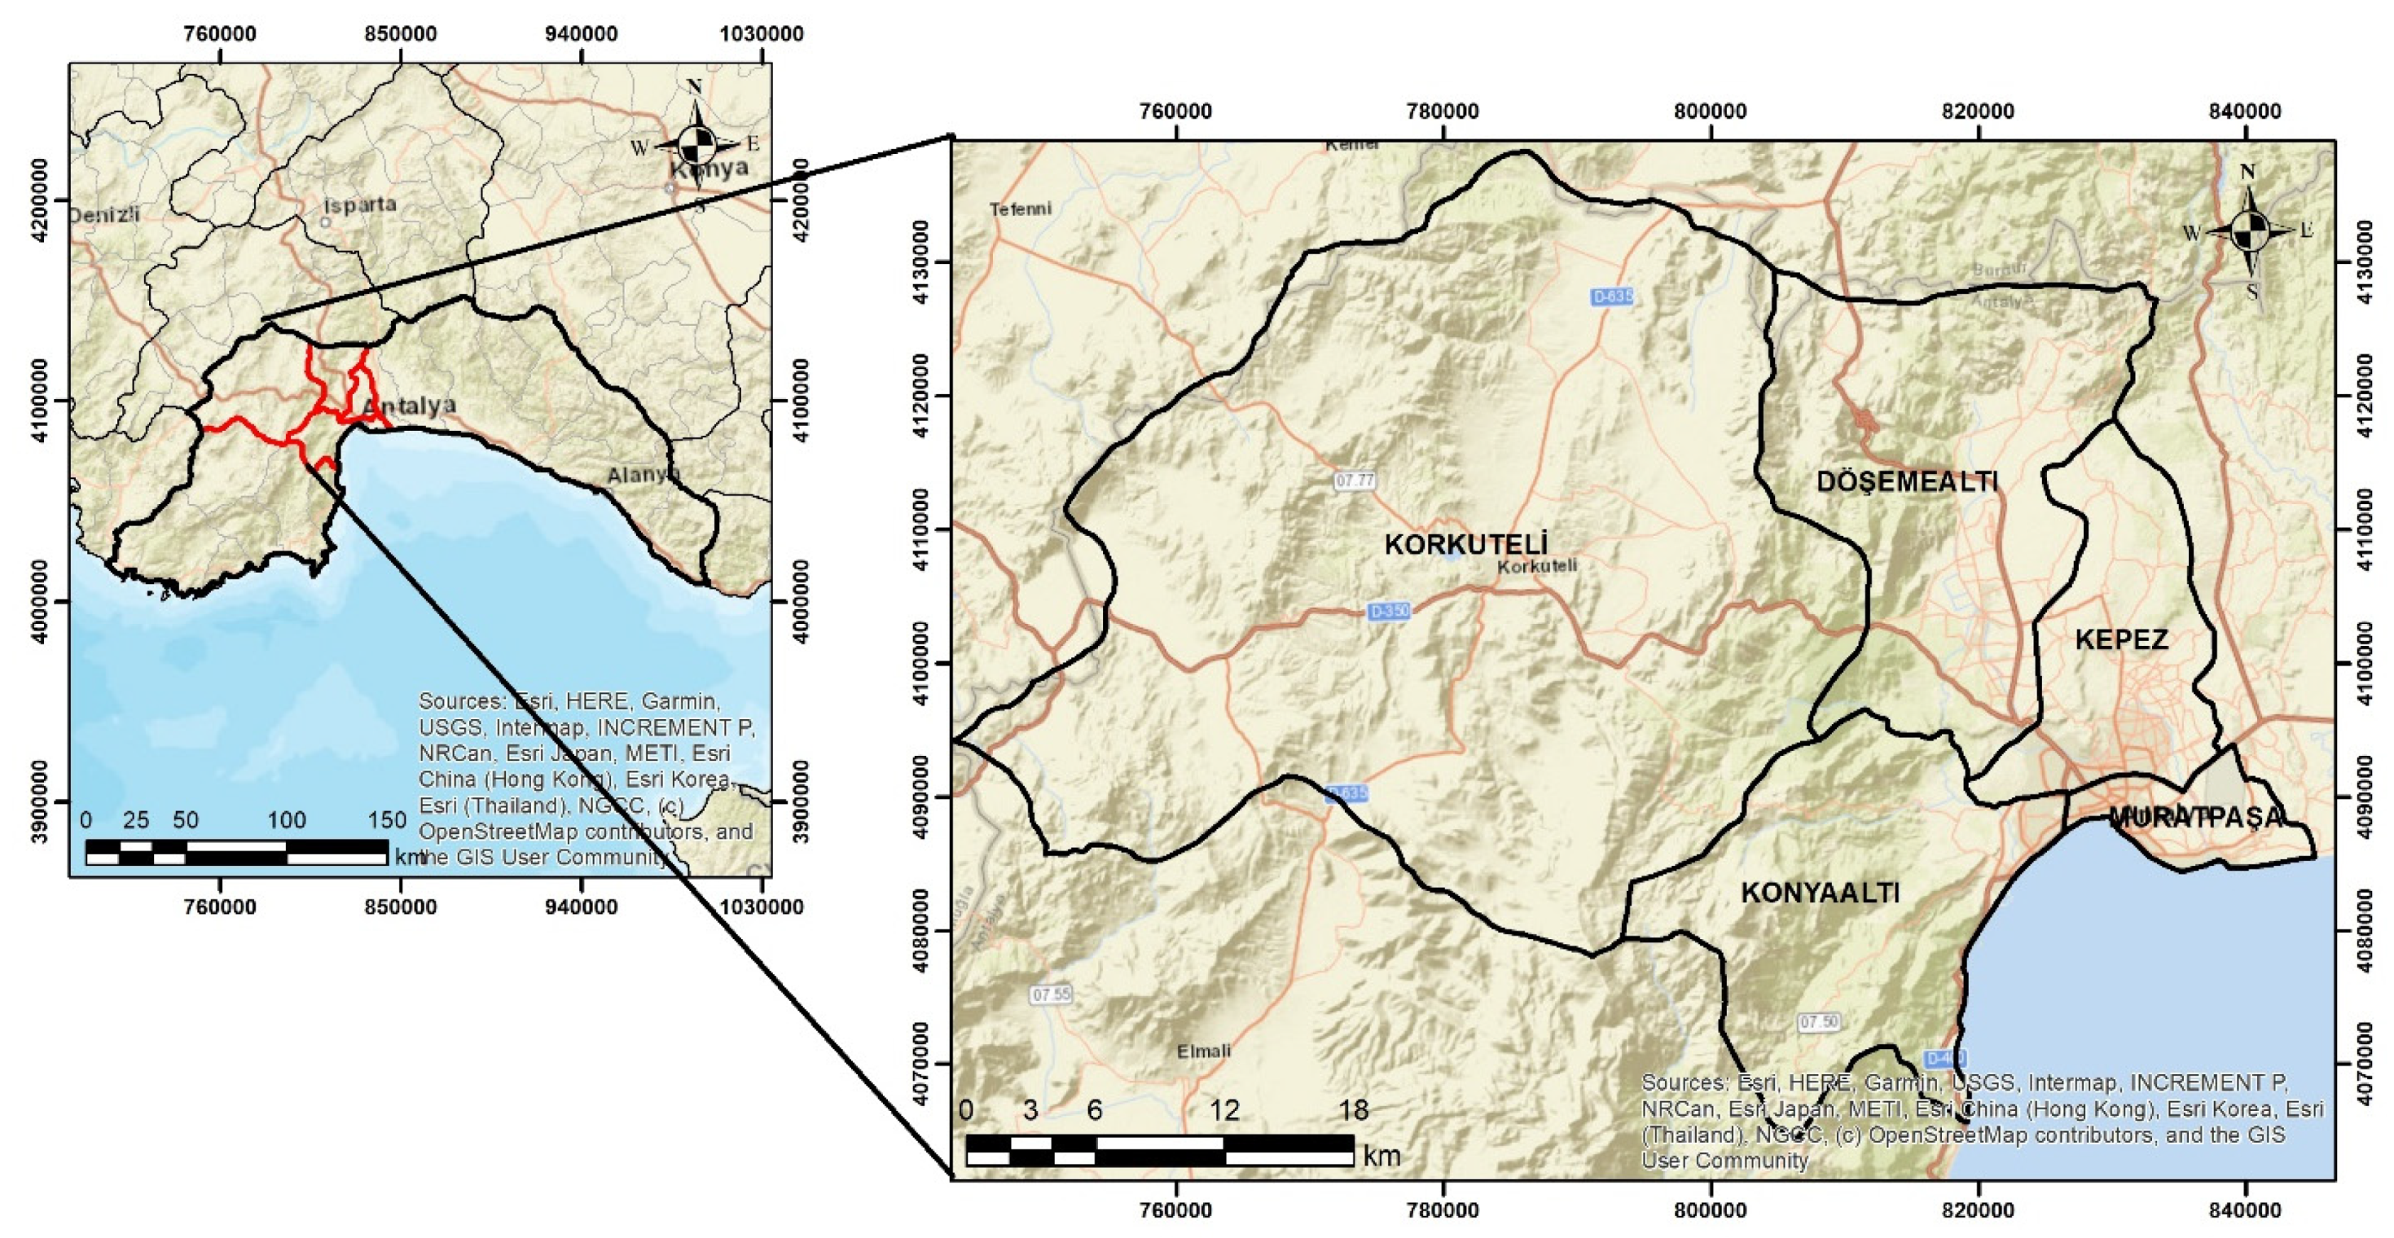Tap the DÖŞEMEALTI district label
click(x=1907, y=481)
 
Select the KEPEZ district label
click(x=2122, y=639)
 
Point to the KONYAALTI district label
click(x=1821, y=892)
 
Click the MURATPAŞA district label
click(x=2195, y=817)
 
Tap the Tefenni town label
click(x=1021, y=209)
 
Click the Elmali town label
click(x=1203, y=1051)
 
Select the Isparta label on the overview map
click(x=361, y=204)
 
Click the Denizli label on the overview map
click(x=104, y=215)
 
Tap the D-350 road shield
click(x=1390, y=611)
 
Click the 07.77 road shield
click(x=1354, y=481)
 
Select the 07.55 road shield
click(x=1051, y=994)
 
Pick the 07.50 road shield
click(x=1819, y=1022)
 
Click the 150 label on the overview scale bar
click(x=387, y=819)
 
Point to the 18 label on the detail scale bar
click(x=1353, y=1110)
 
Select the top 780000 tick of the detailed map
click(x=1443, y=112)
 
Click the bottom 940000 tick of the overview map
click(x=581, y=907)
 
